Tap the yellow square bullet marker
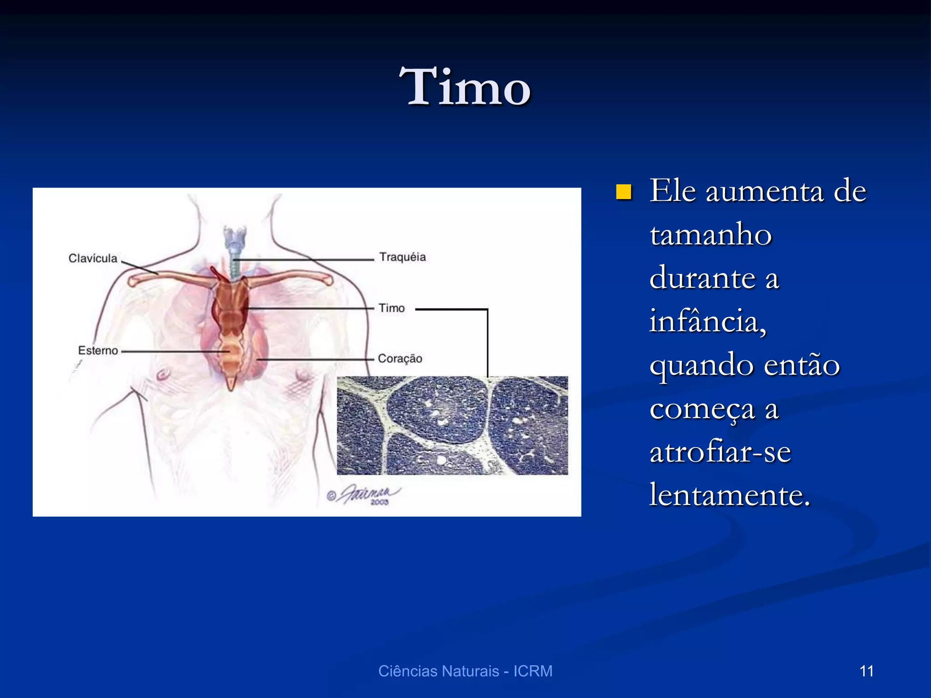(624, 192)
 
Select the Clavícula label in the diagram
(93, 258)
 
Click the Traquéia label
(403, 257)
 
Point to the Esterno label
(98, 350)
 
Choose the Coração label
(400, 359)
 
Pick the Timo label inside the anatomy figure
(391, 308)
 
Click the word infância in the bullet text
(707, 321)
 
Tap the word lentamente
(730, 494)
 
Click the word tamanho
(711, 235)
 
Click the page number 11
(866, 671)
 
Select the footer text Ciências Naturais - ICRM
(465, 671)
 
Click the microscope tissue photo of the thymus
(452, 425)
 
